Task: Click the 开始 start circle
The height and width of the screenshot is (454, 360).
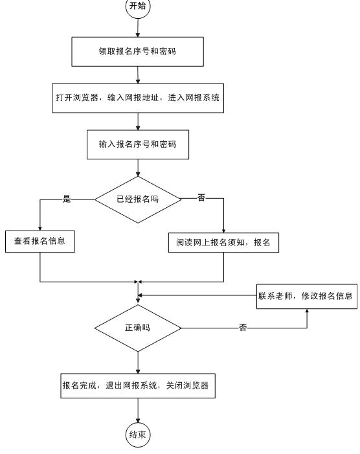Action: (x=138, y=6)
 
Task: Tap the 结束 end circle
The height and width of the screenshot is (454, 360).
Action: (x=138, y=435)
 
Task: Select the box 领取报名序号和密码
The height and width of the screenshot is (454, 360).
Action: (x=138, y=52)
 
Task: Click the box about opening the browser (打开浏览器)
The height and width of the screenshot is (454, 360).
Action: (x=138, y=98)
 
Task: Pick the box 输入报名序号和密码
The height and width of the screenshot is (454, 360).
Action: (x=138, y=144)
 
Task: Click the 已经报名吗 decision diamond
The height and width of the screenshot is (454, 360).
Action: (x=138, y=199)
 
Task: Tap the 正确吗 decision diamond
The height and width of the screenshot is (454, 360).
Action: (x=138, y=328)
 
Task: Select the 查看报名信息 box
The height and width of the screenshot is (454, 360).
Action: (x=40, y=242)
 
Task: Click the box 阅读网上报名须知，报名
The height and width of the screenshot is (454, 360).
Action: (x=223, y=243)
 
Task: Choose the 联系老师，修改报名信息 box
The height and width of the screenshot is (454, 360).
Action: (x=307, y=297)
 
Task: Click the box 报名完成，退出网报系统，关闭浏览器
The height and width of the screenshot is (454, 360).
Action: (x=138, y=385)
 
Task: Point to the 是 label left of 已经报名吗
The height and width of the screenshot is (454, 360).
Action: (x=67, y=199)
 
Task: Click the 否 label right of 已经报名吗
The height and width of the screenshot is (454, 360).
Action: (x=201, y=198)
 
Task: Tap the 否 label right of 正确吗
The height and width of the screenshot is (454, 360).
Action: (x=243, y=328)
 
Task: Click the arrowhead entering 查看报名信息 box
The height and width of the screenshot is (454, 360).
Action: (x=40, y=229)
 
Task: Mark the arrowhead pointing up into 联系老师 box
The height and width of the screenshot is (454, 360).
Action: (x=307, y=311)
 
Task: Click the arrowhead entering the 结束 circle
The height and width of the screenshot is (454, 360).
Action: (x=138, y=420)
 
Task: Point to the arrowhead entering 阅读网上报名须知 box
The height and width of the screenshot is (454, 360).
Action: (x=223, y=231)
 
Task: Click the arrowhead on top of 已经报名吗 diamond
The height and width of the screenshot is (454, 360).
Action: (x=138, y=174)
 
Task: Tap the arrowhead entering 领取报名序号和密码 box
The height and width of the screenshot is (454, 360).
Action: (x=138, y=35)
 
